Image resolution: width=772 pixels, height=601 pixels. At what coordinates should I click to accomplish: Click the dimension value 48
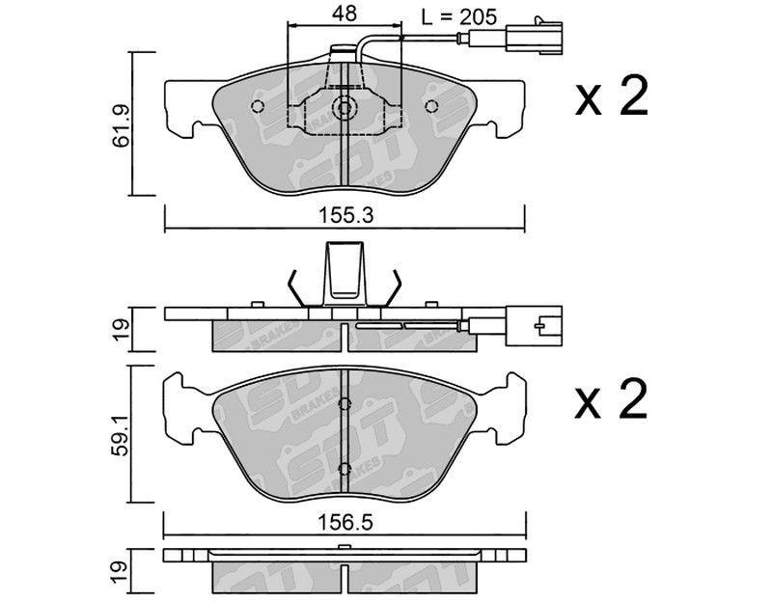point(345,14)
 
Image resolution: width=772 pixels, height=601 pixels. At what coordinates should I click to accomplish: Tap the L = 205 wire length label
point(459,17)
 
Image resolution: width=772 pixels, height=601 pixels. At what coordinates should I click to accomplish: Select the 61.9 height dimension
point(121,125)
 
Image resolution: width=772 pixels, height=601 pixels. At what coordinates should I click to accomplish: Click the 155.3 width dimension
point(345,215)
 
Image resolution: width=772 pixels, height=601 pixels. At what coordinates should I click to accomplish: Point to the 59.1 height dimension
point(121,434)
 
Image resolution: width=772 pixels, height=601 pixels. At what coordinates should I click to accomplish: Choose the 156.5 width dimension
point(345,522)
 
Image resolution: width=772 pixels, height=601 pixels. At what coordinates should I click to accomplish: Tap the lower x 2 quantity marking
point(611,399)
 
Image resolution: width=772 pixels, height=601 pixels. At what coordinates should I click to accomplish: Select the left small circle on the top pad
point(258,106)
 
